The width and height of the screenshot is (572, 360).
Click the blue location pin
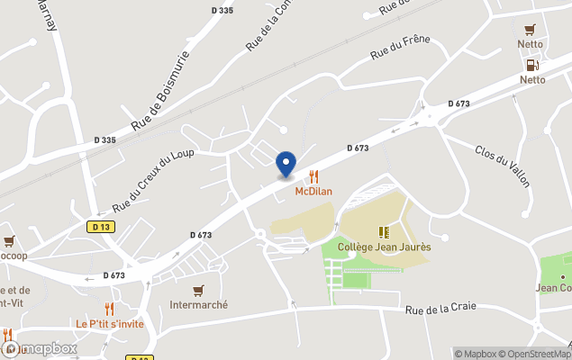[286, 165]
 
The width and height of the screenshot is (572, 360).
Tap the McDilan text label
[314, 191]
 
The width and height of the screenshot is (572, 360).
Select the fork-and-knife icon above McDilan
[314, 176]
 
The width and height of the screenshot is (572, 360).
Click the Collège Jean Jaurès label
[384, 247]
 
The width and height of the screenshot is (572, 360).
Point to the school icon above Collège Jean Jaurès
[385, 231]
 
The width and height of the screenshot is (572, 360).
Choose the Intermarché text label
[198, 304]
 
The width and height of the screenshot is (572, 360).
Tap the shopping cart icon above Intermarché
[198, 290]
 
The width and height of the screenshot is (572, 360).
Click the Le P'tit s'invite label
[110, 323]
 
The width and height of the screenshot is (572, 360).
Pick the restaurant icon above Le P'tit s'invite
[109, 309]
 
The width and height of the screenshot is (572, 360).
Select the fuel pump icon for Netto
[531, 65]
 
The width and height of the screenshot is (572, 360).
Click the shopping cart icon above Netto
[530, 29]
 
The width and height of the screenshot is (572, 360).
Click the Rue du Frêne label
[401, 48]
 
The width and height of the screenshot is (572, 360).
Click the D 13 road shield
[100, 227]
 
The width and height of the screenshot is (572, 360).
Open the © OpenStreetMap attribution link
[533, 354]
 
